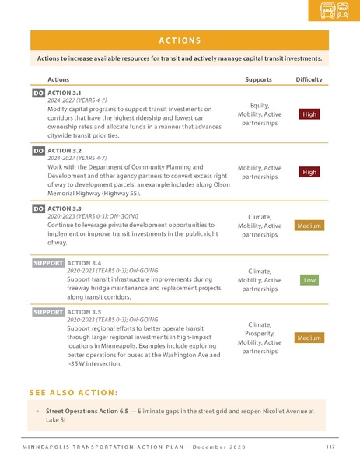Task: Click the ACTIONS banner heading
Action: pyautogui.click(x=180, y=40)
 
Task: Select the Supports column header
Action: pyautogui.click(x=258, y=79)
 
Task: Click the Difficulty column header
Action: pyautogui.click(x=309, y=79)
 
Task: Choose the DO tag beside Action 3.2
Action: pyautogui.click(x=38, y=151)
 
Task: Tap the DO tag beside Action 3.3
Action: pyautogui.click(x=38, y=208)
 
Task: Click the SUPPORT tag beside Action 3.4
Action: pyautogui.click(x=47, y=263)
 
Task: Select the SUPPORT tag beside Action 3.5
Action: pyautogui.click(x=47, y=312)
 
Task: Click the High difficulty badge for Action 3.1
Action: pyautogui.click(x=309, y=114)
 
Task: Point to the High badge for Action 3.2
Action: pyautogui.click(x=309, y=172)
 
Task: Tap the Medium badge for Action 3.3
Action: pyautogui.click(x=309, y=226)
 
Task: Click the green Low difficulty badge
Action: pyautogui.click(x=309, y=279)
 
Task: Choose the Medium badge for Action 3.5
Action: pyautogui.click(x=309, y=338)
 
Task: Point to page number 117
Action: pyautogui.click(x=330, y=446)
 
